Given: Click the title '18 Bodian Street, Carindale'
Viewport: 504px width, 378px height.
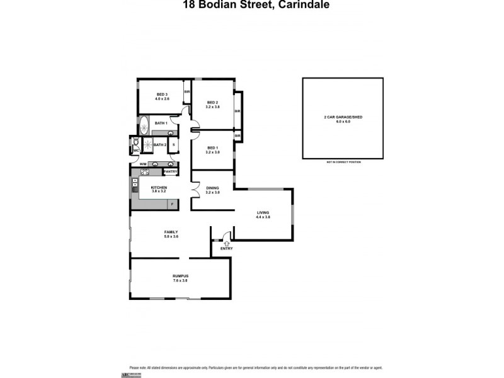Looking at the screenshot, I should click(252, 4).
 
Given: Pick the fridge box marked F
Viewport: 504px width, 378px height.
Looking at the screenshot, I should click(173, 204).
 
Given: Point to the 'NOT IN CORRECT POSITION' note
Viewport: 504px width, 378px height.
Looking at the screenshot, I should click(342, 162).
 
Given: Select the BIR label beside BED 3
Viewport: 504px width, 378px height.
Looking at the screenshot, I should click(186, 92).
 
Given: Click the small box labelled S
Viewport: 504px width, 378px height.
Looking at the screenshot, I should click(173, 144).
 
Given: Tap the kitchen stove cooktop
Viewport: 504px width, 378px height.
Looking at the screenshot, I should click(135, 185).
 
